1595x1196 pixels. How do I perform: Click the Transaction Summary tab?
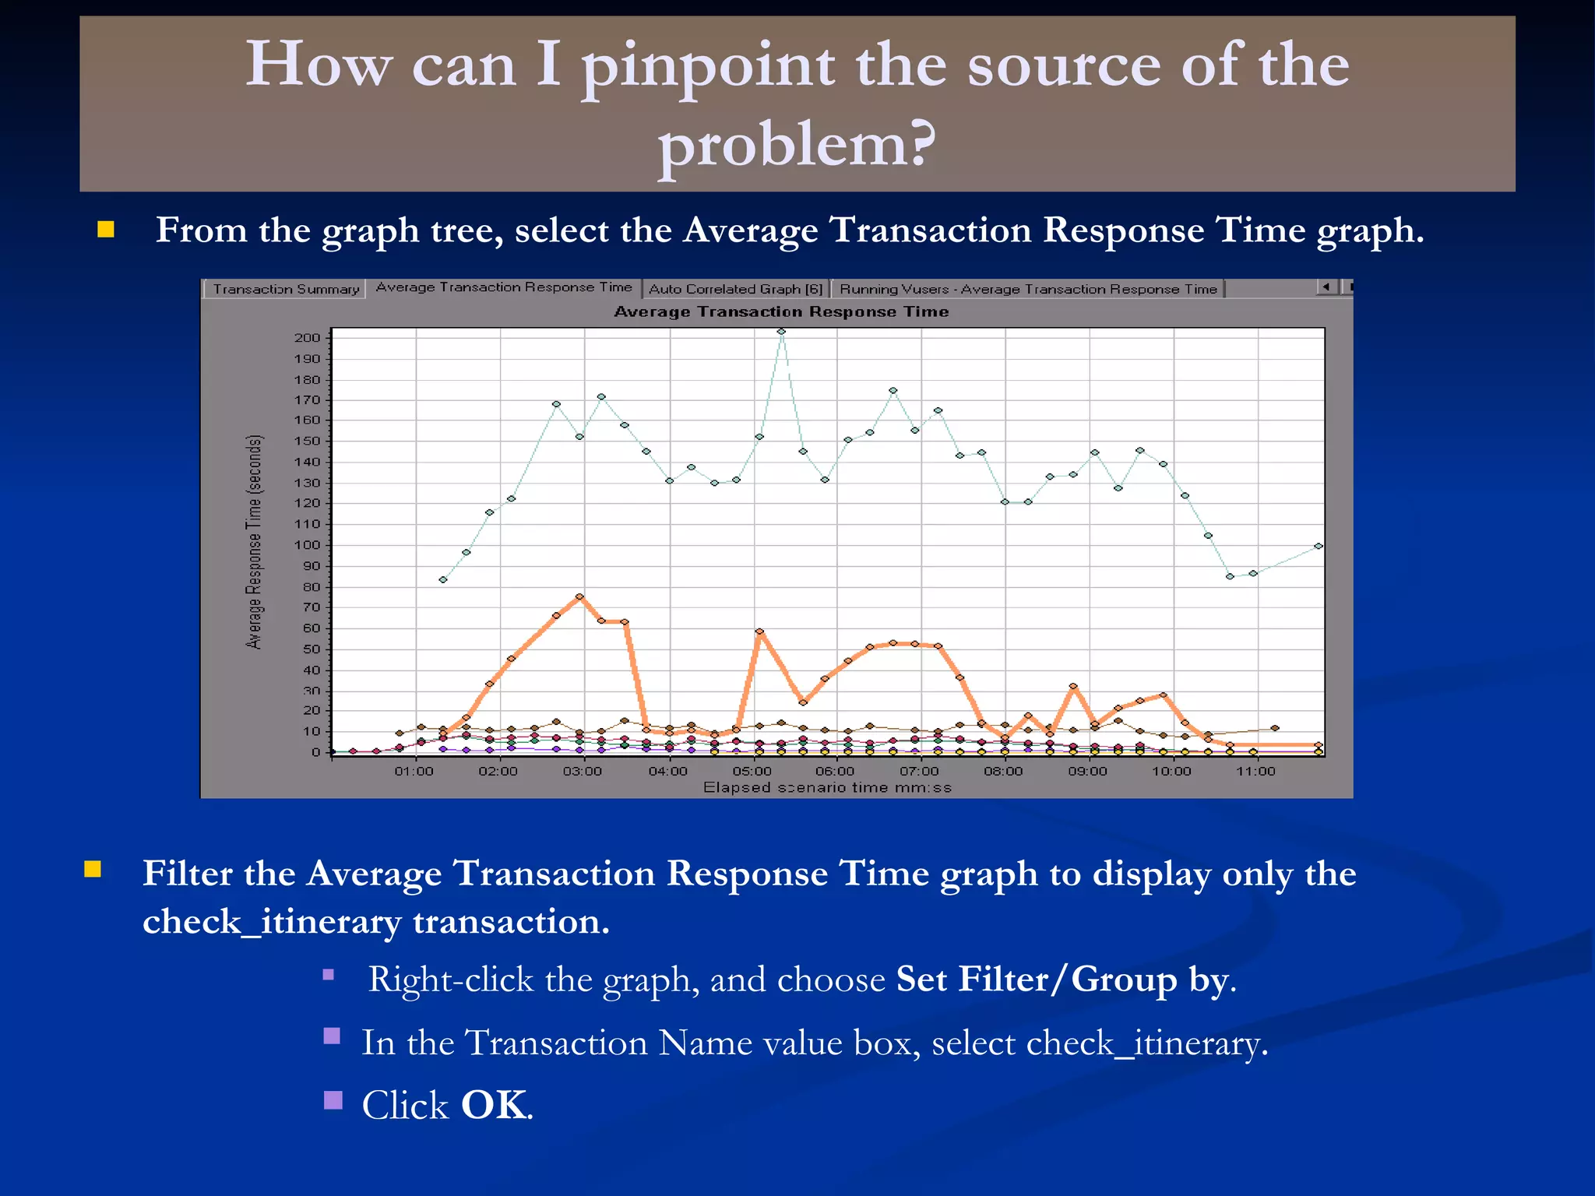tap(286, 289)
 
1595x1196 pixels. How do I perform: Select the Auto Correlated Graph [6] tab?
tap(735, 289)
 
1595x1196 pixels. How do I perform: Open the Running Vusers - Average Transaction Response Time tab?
tap(1027, 289)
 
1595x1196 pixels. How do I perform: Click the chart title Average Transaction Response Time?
tap(781, 311)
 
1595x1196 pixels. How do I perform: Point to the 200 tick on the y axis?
tap(307, 337)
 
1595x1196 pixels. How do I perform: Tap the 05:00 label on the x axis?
tap(752, 771)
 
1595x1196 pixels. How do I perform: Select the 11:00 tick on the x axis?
tap(1255, 771)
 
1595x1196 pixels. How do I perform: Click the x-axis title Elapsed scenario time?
tap(827, 787)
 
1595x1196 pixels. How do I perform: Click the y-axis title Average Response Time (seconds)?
tap(254, 542)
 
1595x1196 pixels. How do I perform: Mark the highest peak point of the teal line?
tap(781, 332)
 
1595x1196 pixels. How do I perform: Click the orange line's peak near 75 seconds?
tap(579, 597)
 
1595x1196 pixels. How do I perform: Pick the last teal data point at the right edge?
tap(1318, 546)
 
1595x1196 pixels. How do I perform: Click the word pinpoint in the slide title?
tap(708, 65)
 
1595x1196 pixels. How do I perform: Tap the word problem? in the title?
tap(797, 145)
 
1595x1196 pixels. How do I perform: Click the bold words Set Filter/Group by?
tap(1064, 980)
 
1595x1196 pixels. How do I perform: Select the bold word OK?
tap(495, 1105)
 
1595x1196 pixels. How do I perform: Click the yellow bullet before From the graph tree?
tap(106, 230)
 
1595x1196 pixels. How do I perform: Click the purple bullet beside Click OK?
tap(333, 1100)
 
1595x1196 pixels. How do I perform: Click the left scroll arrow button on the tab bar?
tap(1326, 287)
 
